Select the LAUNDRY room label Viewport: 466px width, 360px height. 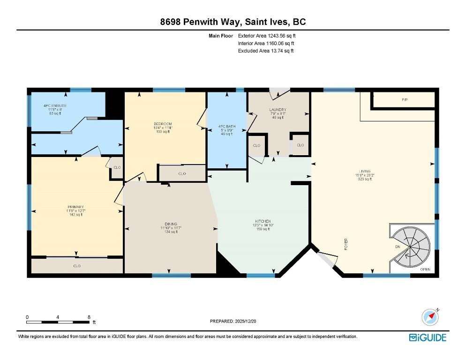point(278,110)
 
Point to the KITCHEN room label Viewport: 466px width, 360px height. point(263,221)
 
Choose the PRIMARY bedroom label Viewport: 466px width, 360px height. point(75,207)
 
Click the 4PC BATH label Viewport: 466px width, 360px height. point(226,126)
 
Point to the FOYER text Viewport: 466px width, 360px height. point(346,244)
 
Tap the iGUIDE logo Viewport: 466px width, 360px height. point(427,337)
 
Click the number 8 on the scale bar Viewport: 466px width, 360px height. point(89,317)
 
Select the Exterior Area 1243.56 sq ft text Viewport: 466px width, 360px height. point(267,36)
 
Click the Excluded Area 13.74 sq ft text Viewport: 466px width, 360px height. point(266,51)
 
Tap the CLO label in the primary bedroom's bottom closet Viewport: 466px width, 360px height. point(77,266)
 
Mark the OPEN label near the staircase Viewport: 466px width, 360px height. point(425,270)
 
